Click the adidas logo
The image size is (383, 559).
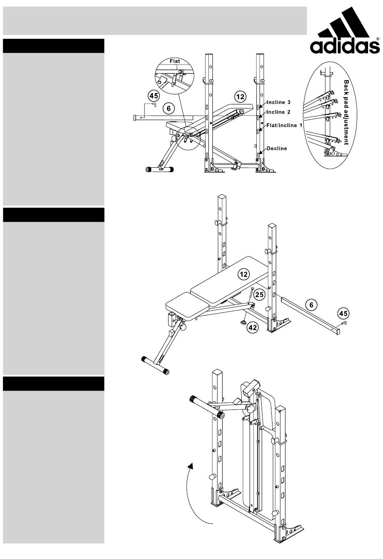345,31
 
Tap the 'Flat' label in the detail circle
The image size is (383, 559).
175,61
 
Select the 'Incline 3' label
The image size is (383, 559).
279,102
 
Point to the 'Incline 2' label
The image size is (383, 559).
279,112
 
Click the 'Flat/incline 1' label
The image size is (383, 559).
284,125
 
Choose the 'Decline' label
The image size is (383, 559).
277,148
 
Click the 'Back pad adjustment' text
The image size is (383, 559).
346,112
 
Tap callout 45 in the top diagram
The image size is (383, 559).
154,96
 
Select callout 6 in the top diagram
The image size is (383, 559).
169,108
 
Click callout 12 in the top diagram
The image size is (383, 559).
240,97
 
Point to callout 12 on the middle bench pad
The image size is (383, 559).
244,274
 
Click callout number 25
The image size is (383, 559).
259,295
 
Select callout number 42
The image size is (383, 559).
253,327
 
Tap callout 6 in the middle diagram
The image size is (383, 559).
311,305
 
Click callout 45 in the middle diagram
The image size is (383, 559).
343,313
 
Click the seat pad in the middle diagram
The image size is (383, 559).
187,306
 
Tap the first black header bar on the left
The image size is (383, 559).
54,46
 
